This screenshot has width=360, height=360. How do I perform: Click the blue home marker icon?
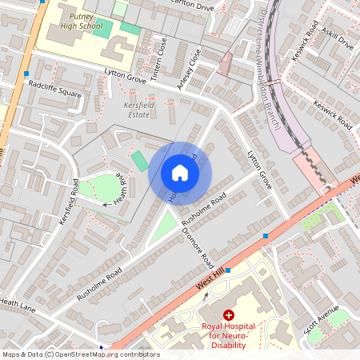180,172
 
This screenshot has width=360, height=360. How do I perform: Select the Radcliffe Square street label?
54,89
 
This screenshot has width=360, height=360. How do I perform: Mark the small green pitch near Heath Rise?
140,161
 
